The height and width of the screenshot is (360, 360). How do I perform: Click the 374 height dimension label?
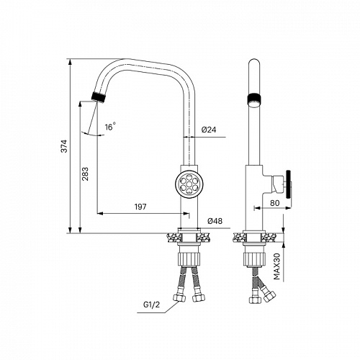pyautogui.click(x=65, y=146)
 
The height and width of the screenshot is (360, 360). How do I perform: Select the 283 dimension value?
pyautogui.click(x=85, y=174)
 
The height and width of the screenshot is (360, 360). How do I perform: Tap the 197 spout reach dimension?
pyautogui.click(x=140, y=207)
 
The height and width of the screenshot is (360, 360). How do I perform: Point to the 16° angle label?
pyautogui.click(x=110, y=127)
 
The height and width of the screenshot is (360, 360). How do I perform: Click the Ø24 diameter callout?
pyautogui.click(x=209, y=130)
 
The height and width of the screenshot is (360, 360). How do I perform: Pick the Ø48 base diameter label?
pyautogui.click(x=215, y=221)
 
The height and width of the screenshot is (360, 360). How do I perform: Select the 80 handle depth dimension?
pyautogui.click(x=275, y=203)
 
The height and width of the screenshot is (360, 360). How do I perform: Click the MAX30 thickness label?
pyautogui.click(x=277, y=266)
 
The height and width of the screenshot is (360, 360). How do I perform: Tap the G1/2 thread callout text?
pyautogui.click(x=151, y=305)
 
